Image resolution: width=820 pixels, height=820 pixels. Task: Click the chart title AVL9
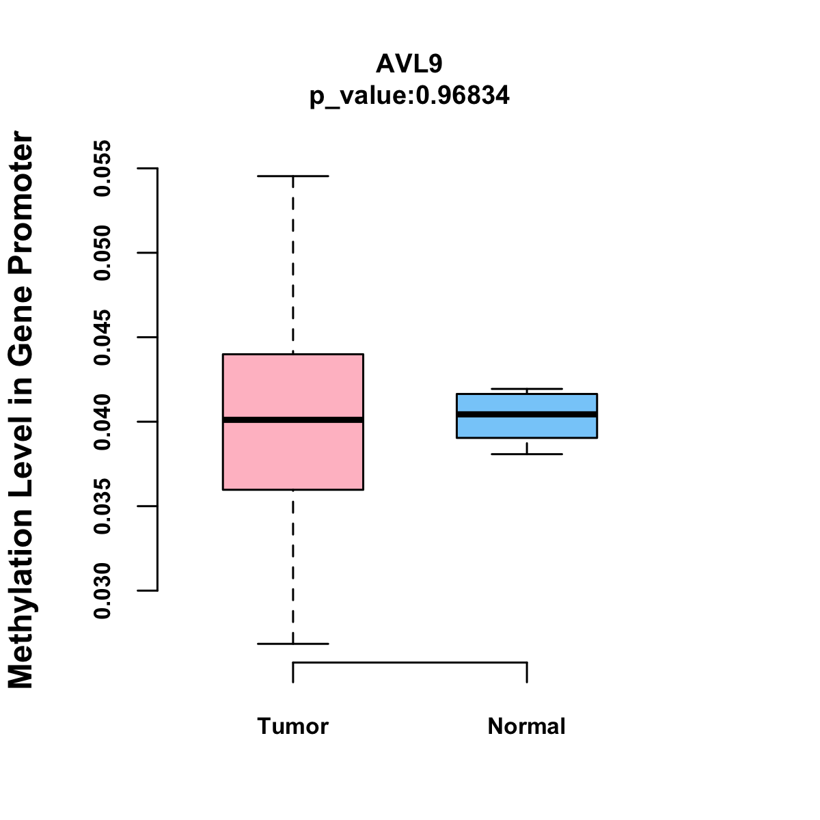[x=409, y=64]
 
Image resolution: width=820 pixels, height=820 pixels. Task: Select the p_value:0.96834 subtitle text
[x=409, y=96]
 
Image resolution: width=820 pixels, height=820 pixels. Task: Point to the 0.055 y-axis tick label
[x=102, y=168]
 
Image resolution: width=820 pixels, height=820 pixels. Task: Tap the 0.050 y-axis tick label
[x=102, y=253]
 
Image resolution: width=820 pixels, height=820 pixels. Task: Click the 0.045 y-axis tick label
[x=102, y=338]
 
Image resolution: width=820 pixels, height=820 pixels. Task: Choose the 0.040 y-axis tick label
[x=102, y=422]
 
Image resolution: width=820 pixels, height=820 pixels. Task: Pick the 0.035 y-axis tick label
[x=102, y=506]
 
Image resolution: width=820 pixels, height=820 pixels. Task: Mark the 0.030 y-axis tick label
[x=102, y=590]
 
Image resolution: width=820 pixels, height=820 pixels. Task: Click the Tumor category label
[x=292, y=726]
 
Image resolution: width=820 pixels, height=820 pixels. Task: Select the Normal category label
[x=526, y=726]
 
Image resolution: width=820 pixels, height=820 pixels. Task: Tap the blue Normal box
[x=527, y=428]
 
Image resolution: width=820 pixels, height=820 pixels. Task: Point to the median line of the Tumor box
[x=292, y=420]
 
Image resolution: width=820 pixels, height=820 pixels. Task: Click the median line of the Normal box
[x=527, y=414]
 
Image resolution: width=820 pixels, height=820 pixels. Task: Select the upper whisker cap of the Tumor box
[x=292, y=176]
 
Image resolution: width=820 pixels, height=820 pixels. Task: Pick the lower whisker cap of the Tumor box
[x=292, y=644]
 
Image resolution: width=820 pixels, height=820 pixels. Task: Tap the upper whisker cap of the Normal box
[x=527, y=389]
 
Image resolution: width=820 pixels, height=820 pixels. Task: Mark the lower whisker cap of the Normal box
[x=527, y=454]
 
